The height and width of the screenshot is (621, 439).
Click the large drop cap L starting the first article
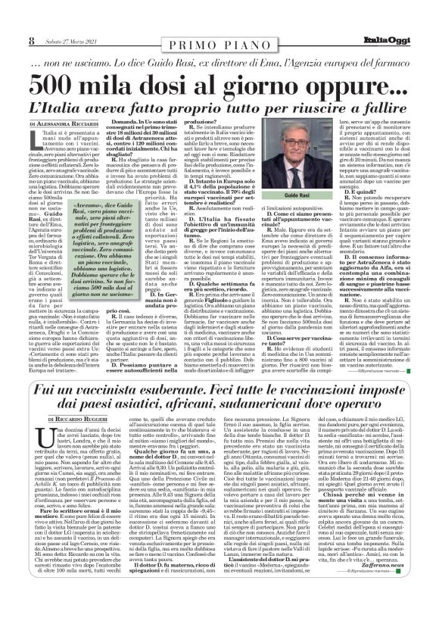[x=33, y=136]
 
